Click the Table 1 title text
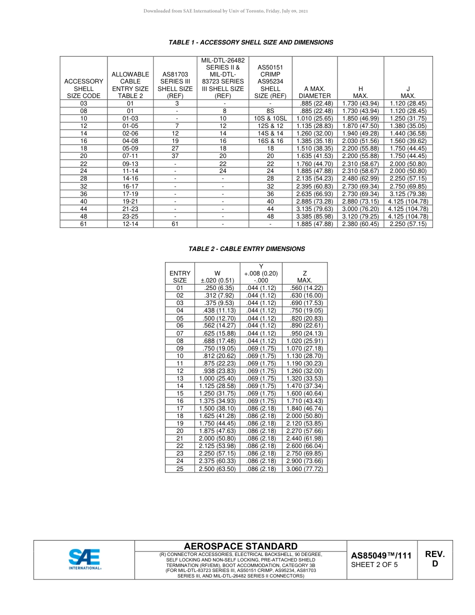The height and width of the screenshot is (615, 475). pos(251,42)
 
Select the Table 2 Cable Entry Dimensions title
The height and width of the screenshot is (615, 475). pos(246,248)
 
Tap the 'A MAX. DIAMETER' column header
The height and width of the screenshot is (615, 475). pos(314,92)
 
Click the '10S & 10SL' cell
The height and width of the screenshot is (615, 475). pos(270,118)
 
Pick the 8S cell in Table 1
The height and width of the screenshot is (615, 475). pos(270,111)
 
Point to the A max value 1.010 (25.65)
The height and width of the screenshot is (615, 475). pos(314,118)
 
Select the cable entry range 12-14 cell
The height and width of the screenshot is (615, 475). pos(130,224)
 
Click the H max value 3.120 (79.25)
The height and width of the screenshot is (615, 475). pos(360,216)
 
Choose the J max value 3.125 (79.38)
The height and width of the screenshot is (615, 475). pos(408,193)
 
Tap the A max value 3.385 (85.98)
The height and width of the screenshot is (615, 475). pos(314,216)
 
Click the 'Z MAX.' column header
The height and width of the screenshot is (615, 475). pos(304,277)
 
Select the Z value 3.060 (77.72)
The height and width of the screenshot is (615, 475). pos(304,468)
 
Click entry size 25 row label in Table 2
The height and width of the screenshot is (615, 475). pos(180,468)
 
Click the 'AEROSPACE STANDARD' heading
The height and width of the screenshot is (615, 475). pos(240,546)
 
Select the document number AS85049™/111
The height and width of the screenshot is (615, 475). pos(381,555)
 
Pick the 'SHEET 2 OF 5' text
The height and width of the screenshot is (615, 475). pos(374,565)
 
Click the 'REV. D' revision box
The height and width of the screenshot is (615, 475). pos(434,559)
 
